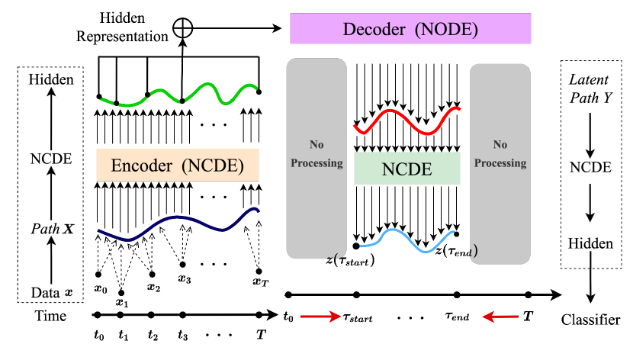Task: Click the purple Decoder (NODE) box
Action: coord(410,30)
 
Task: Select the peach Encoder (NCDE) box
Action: coord(178,166)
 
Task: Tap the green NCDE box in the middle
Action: coord(407,169)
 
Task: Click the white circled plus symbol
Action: coord(183,29)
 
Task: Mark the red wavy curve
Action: coord(406,120)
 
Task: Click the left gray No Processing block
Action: coord(316,158)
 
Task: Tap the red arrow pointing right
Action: coord(320,317)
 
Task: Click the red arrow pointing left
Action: coord(500,317)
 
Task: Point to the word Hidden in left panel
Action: coord(51,79)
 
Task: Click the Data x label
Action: coord(51,293)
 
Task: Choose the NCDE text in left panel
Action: coord(51,159)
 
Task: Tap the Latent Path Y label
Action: coord(590,88)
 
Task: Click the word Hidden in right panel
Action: coord(591,244)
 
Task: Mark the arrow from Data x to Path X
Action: coord(51,261)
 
